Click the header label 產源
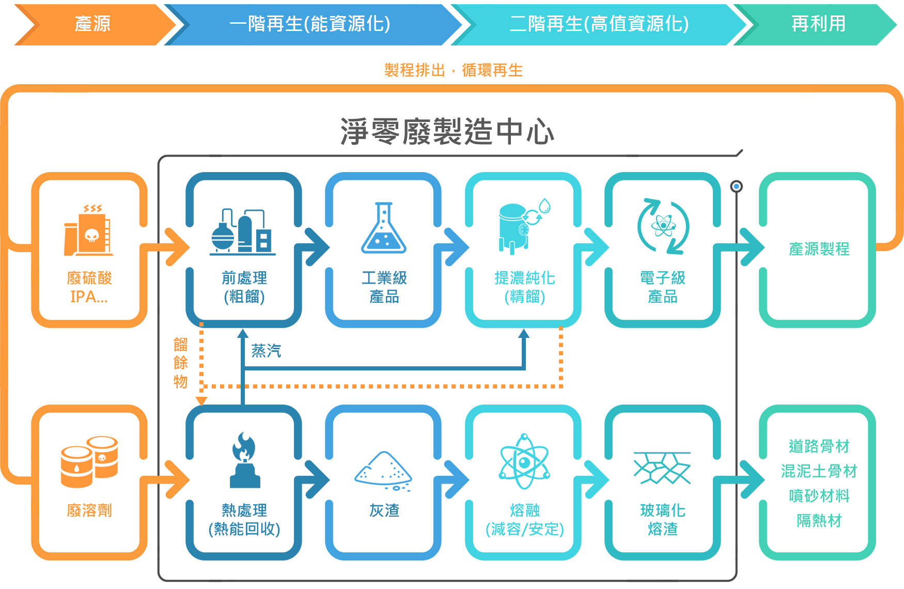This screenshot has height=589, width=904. [x=92, y=24]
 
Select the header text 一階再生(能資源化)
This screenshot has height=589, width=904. [x=309, y=24]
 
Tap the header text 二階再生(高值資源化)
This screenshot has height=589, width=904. [x=599, y=24]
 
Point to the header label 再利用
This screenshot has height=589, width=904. [x=818, y=24]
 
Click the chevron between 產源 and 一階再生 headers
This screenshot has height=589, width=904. [x=177, y=24]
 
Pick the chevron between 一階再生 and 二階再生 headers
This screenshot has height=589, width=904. [x=463, y=24]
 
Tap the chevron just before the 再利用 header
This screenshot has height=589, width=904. [x=746, y=24]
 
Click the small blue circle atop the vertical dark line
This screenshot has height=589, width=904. [x=736, y=187]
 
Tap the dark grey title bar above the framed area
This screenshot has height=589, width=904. [x=449, y=131]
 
